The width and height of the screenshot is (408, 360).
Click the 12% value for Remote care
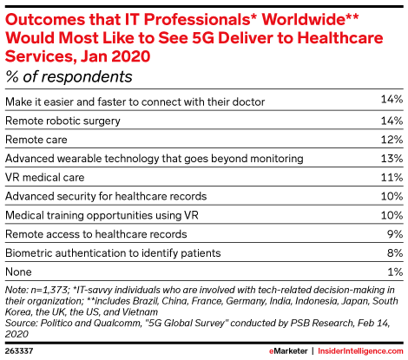(392, 140)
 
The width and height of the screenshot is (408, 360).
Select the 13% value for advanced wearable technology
(392, 159)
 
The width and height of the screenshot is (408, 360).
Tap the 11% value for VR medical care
(392, 177)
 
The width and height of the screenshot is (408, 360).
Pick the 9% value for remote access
(395, 234)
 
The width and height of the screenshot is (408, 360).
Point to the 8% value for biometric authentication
(395, 253)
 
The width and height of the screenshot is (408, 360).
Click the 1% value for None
(396, 272)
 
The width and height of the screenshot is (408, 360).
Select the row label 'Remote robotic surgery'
(63, 121)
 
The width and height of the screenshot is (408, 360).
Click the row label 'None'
(18, 272)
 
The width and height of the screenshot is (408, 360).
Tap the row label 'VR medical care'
(45, 177)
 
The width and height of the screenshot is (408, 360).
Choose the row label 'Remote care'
(36, 140)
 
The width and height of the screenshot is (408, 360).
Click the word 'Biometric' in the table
(29, 253)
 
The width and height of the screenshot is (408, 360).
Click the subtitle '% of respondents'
(69, 77)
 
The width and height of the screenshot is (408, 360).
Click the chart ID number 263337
(19, 351)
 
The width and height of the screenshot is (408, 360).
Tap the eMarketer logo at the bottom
(288, 351)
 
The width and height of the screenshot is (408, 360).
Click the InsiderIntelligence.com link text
(360, 351)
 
